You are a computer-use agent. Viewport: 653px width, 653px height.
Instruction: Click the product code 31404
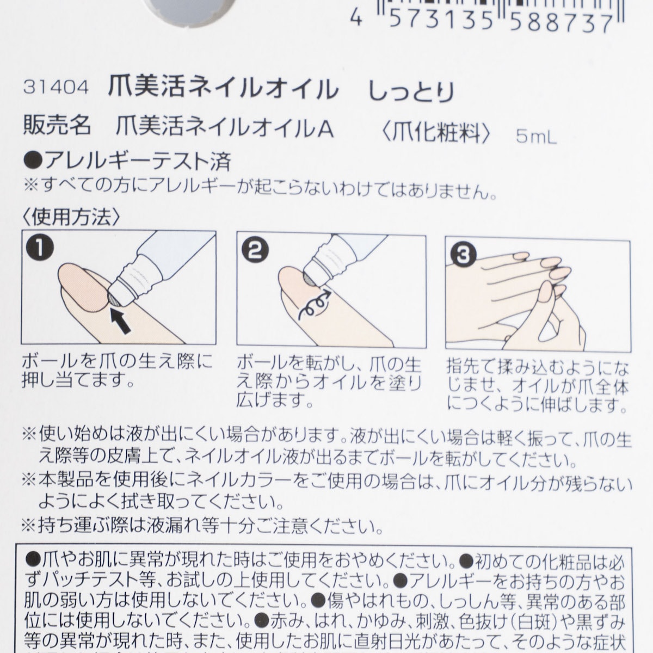[56, 88]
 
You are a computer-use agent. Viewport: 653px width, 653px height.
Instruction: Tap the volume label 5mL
[536, 137]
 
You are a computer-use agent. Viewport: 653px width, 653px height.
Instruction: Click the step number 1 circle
[41, 247]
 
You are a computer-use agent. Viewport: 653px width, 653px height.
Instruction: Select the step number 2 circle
[255, 251]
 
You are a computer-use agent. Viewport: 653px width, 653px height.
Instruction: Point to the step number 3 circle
[463, 254]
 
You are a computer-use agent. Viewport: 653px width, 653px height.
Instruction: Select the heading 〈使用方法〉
[71, 217]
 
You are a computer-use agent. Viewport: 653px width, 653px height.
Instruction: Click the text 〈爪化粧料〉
[436, 132]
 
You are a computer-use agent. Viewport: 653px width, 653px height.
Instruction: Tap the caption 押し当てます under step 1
[78, 380]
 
